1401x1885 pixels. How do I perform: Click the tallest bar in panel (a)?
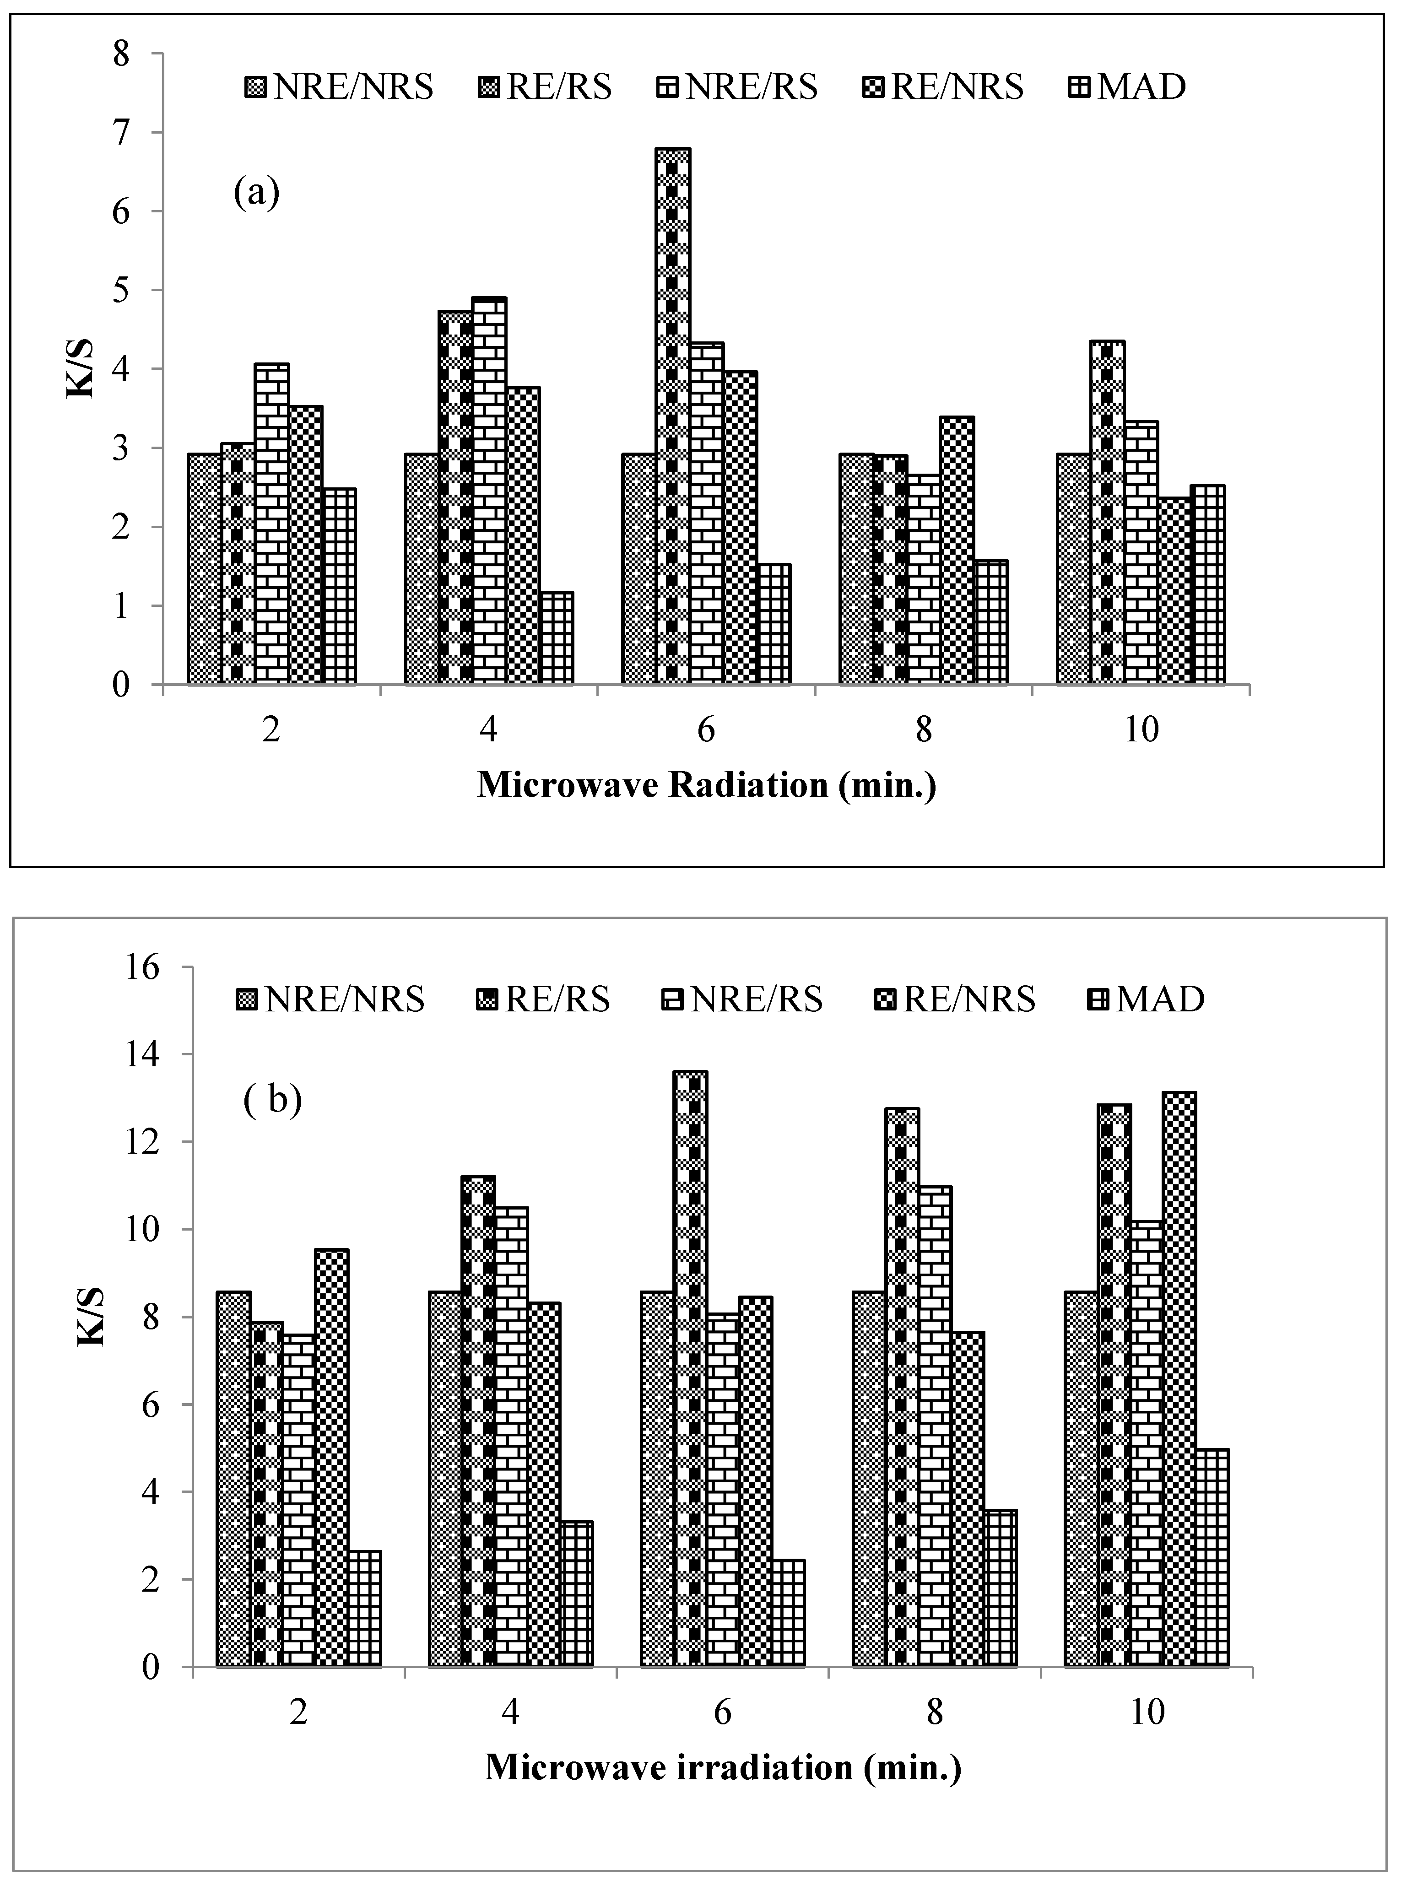click(672, 416)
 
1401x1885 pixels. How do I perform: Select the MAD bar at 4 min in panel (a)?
click(557, 637)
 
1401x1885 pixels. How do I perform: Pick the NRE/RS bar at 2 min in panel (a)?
click(271, 523)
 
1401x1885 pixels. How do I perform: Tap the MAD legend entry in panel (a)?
click(1128, 86)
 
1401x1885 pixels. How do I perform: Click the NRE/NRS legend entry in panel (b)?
click(331, 999)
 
